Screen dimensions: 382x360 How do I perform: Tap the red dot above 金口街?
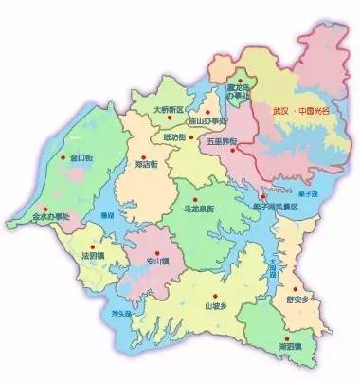(x=65, y=157)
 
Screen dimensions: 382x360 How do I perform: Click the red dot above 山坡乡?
(x=214, y=292)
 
